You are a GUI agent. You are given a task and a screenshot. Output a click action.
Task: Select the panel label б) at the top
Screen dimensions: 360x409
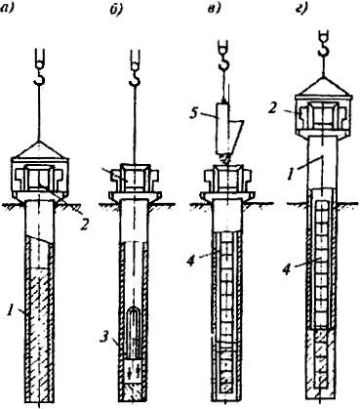(115, 9)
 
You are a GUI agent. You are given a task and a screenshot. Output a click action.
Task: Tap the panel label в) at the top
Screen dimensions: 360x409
(212, 9)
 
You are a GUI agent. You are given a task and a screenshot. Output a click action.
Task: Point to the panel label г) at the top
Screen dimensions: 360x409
(301, 9)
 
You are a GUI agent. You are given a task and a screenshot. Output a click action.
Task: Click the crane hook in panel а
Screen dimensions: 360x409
(40, 76)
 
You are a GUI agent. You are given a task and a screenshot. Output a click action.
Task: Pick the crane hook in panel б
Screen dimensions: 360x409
(134, 75)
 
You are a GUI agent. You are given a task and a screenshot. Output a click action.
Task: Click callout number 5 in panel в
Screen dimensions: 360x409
(194, 114)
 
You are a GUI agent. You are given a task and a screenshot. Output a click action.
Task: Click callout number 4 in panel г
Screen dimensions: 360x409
(286, 269)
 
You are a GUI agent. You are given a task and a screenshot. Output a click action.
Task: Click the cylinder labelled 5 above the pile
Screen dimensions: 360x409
(222, 128)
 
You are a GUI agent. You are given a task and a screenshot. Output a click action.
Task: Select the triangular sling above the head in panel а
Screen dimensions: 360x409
(40, 150)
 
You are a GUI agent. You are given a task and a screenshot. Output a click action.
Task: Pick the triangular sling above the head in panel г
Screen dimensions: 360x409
(323, 86)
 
